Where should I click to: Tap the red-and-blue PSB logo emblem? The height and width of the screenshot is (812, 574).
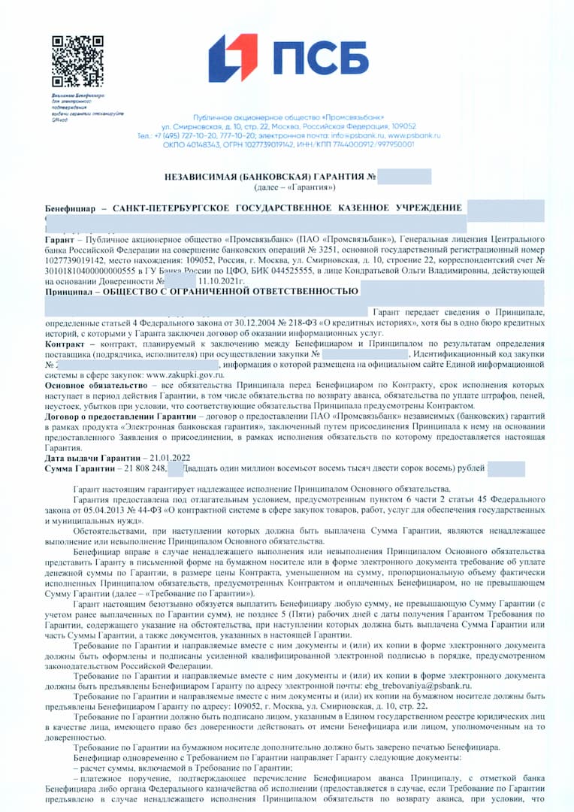click(x=233, y=58)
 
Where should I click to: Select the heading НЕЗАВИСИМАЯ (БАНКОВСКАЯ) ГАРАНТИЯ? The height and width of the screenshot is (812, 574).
click(x=264, y=176)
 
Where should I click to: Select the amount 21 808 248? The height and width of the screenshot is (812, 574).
click(x=134, y=468)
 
